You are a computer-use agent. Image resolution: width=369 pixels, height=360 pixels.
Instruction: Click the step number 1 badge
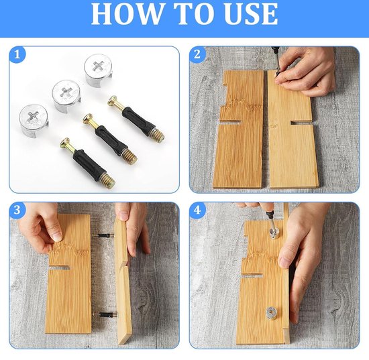[17, 55]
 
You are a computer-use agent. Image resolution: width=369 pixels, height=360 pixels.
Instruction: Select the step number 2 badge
[197, 55]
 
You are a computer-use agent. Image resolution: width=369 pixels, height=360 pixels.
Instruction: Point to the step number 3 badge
[17, 210]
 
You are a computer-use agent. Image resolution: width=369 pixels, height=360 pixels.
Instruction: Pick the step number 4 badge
[197, 210]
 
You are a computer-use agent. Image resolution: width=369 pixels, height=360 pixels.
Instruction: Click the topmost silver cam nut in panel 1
[99, 70]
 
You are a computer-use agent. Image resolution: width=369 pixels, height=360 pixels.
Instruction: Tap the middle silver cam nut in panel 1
[66, 95]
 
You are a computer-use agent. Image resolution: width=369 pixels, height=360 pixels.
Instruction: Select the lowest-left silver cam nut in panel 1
[34, 121]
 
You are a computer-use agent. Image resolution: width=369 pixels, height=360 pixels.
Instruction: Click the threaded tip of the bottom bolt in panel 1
[108, 181]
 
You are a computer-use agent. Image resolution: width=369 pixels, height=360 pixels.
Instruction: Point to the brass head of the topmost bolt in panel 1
[113, 101]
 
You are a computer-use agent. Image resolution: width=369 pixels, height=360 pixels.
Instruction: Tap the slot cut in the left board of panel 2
[231, 122]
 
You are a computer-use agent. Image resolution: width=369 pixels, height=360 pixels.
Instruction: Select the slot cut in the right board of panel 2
[301, 123]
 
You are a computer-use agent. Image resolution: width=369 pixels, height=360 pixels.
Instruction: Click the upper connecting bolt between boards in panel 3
[103, 235]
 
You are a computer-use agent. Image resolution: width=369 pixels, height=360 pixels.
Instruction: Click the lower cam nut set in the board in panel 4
[272, 313]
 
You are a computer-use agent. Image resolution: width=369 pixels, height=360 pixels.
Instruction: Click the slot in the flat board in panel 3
[60, 268]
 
